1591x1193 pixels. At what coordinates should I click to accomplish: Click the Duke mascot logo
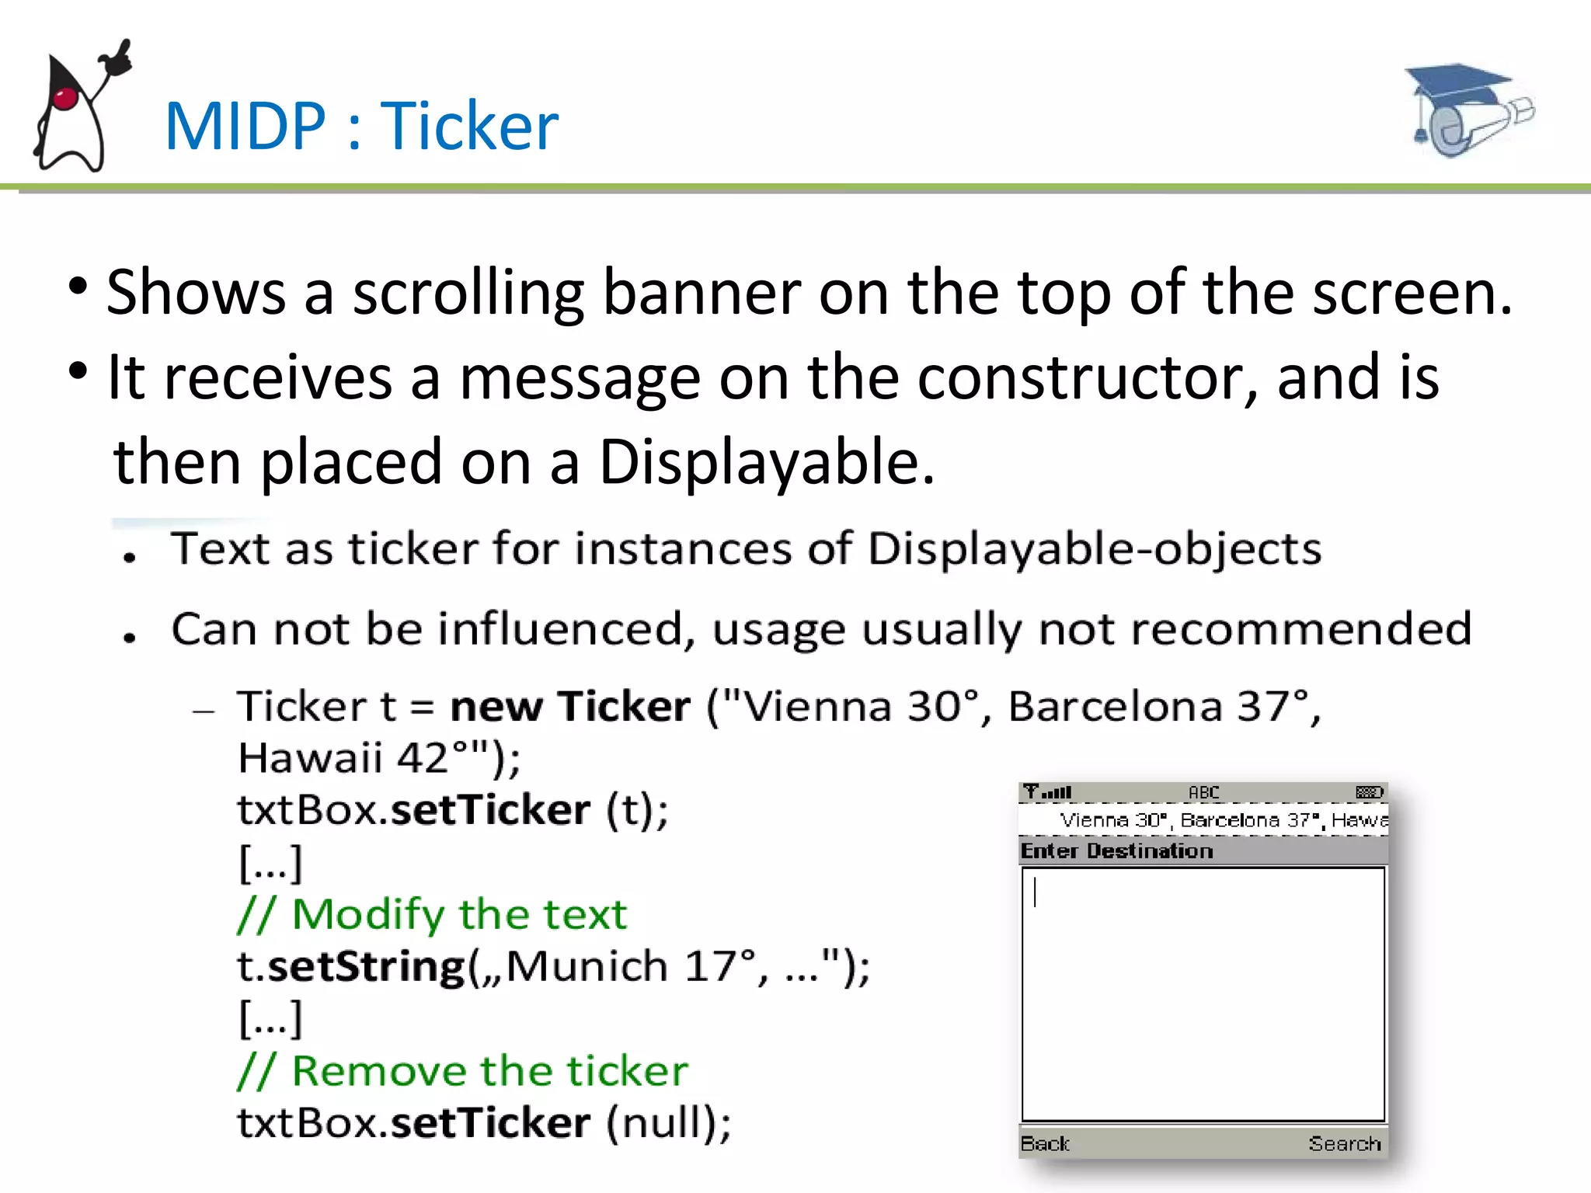pyautogui.click(x=78, y=109)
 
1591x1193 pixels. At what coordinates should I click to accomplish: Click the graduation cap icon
pyautogui.click(x=1468, y=109)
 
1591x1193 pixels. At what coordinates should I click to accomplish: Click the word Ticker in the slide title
pyautogui.click(x=469, y=126)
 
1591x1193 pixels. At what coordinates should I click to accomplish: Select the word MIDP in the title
pyautogui.click(x=245, y=126)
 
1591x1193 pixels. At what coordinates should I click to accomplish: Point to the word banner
pyautogui.click(x=701, y=293)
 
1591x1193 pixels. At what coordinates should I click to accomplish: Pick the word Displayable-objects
pyautogui.click(x=1094, y=549)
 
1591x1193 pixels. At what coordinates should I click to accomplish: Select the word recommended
pyautogui.click(x=1301, y=628)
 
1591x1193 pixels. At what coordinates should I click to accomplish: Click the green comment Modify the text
pyautogui.click(x=432, y=914)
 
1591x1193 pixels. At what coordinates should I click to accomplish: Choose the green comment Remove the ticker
pyautogui.click(x=463, y=1071)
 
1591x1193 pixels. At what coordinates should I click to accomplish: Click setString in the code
pyautogui.click(x=366, y=967)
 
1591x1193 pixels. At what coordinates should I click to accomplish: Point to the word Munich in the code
pyautogui.click(x=587, y=967)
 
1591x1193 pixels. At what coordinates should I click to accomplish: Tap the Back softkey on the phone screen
pyautogui.click(x=1045, y=1143)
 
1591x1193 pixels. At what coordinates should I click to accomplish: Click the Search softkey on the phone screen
pyautogui.click(x=1344, y=1143)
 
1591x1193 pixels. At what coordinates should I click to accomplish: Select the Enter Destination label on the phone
pyautogui.click(x=1116, y=851)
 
